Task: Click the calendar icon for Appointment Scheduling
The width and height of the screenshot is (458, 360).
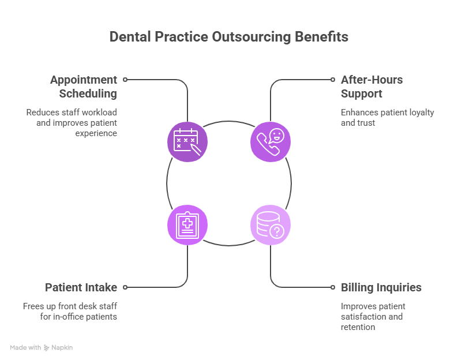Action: pyautogui.click(x=187, y=141)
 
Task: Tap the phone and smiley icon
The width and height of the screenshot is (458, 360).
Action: pyautogui.click(x=270, y=141)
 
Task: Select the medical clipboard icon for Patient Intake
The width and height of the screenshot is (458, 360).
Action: pyautogui.click(x=187, y=224)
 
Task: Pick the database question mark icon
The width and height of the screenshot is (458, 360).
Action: pyautogui.click(x=270, y=224)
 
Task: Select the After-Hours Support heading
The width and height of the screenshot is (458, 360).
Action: pyautogui.click(x=371, y=87)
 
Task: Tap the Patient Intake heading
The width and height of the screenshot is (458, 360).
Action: pyautogui.click(x=81, y=287)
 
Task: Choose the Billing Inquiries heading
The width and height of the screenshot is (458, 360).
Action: pyautogui.click(x=381, y=287)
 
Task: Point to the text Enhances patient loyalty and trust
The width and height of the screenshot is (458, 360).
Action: pyautogui.click(x=387, y=118)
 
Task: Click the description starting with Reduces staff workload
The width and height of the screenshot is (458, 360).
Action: pyautogui.click(x=72, y=122)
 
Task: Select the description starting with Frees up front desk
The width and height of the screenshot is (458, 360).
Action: pyautogui.click(x=70, y=311)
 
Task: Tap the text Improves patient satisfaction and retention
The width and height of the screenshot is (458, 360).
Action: pyautogui.click(x=373, y=316)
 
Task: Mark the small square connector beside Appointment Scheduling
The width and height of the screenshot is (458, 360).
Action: pyautogui.click(x=125, y=80)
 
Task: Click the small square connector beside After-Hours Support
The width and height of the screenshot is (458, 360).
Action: pyautogui.click(x=333, y=80)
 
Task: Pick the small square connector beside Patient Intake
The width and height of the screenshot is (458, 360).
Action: pyautogui.click(x=125, y=287)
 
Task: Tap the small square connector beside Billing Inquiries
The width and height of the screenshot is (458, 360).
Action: pyautogui.click(x=333, y=287)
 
